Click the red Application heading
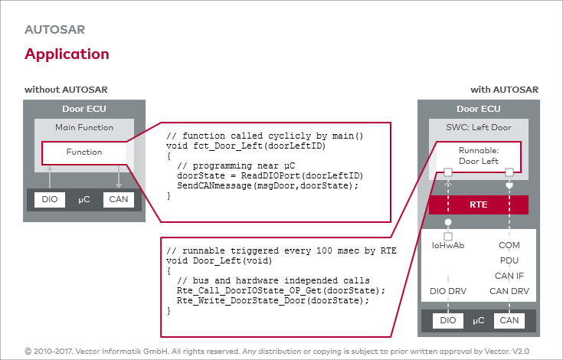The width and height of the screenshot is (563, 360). click(67, 54)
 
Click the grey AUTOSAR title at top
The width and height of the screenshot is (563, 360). click(54, 30)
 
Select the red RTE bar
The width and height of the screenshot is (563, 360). click(478, 205)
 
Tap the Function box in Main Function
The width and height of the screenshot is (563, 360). click(83, 152)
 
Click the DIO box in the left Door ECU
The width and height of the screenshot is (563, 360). click(50, 200)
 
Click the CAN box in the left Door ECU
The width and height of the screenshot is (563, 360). click(118, 200)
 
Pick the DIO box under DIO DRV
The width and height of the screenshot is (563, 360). click(448, 320)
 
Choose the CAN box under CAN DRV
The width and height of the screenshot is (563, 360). click(509, 320)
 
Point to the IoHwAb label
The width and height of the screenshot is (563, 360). click(448, 246)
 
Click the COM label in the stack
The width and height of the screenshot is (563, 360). click(509, 246)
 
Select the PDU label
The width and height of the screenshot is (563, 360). click(509, 260)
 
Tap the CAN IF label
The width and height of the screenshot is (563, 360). click(509, 275)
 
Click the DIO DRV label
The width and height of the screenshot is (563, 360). click(448, 290)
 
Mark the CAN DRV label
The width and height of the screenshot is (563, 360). click(509, 290)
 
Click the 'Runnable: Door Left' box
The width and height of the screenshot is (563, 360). click(478, 155)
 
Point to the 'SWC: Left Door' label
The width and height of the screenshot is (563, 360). click(478, 127)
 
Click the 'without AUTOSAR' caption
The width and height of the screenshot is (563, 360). click(61, 90)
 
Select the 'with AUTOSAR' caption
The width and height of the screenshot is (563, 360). click(504, 90)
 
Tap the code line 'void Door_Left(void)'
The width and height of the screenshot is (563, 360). click(209, 260)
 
